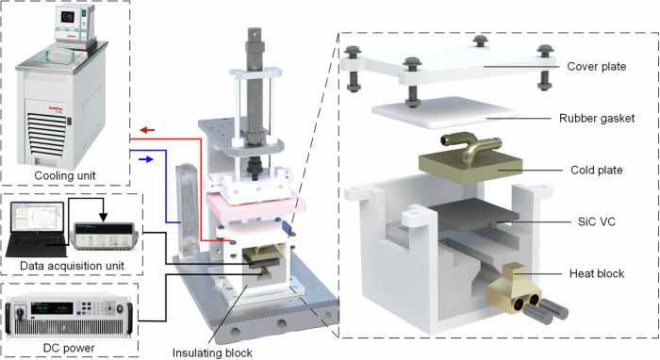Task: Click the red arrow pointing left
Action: [147, 130]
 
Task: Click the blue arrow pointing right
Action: [146, 159]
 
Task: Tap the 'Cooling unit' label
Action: [65, 175]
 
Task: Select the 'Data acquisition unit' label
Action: [72, 266]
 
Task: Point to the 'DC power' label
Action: [69, 349]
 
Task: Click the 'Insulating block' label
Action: [212, 352]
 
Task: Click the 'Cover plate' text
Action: [597, 67]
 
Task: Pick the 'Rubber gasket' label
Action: [597, 118]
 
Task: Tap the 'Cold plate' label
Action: [597, 170]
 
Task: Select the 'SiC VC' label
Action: [597, 221]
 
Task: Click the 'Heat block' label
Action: [597, 273]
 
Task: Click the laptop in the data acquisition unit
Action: [36, 229]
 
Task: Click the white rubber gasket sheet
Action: [444, 112]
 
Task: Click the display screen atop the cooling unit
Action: [67, 17]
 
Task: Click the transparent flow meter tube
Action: [187, 210]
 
